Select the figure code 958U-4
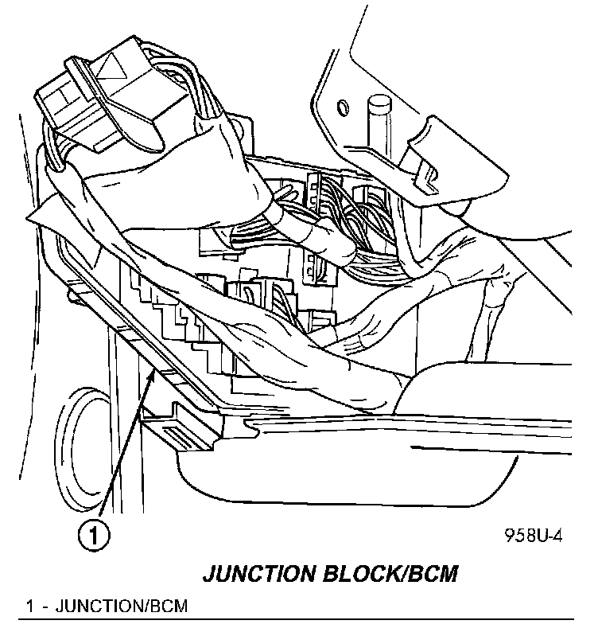533,536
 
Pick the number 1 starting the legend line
29,607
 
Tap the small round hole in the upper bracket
343,107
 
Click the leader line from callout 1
123,454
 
